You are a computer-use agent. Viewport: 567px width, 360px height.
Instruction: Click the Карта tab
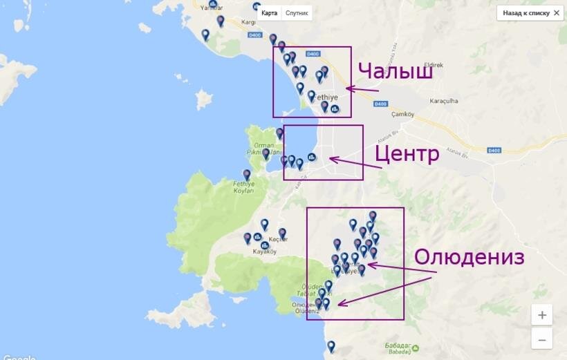[x=270, y=13]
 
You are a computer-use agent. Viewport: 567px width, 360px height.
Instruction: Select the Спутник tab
[x=297, y=13]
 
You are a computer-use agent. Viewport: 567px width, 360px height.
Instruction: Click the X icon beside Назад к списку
[x=557, y=13]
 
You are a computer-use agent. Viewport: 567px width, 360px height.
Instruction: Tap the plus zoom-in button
[x=541, y=315]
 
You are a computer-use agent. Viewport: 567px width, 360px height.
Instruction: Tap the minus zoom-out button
[x=541, y=339]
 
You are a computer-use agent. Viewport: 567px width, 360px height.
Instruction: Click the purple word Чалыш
[x=396, y=72]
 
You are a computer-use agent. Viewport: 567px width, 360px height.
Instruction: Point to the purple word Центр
[x=407, y=153]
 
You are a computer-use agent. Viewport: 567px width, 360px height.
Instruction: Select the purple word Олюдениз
[x=469, y=257]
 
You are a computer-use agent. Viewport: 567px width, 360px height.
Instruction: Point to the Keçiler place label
[x=277, y=239]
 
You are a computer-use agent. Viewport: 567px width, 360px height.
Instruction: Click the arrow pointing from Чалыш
[x=362, y=88]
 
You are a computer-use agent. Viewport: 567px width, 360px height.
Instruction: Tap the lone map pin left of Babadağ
[x=331, y=346]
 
